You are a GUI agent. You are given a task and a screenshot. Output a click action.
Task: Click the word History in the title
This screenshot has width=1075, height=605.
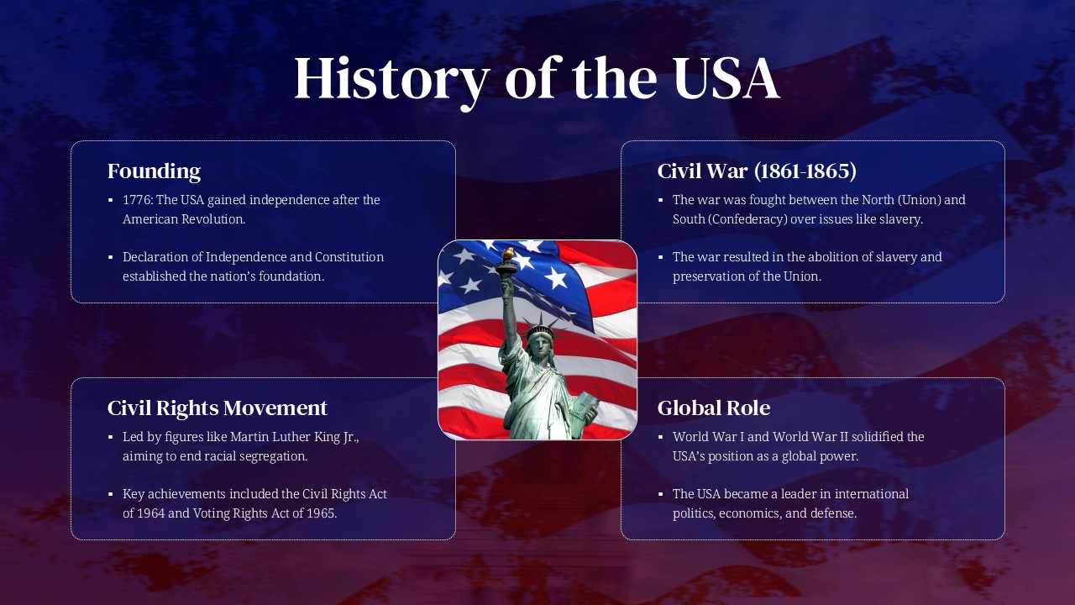click(391, 78)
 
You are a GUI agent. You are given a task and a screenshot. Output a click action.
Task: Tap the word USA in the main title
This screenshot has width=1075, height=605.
click(726, 78)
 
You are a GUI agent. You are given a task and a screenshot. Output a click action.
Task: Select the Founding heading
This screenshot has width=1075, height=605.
click(154, 171)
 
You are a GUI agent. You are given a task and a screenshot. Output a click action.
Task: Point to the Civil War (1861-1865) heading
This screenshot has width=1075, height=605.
click(757, 171)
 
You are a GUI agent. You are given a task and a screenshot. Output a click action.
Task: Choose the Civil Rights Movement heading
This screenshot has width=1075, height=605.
click(217, 408)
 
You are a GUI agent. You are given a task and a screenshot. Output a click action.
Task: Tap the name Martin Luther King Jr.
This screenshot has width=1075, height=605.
click(294, 437)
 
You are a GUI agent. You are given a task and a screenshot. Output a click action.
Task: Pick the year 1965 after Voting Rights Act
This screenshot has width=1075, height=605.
click(320, 513)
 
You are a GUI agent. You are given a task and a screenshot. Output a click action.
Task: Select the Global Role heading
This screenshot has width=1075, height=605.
click(713, 408)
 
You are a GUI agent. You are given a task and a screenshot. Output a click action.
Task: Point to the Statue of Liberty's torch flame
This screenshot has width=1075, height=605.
click(507, 252)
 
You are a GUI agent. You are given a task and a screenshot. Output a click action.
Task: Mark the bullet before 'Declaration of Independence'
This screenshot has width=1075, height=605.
click(110, 257)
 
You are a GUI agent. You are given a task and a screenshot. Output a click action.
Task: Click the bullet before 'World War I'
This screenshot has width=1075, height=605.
click(660, 437)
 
